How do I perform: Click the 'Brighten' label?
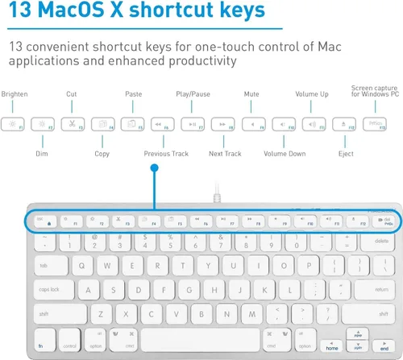tap(15, 94)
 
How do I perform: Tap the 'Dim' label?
tap(42, 153)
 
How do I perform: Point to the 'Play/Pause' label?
tap(193, 94)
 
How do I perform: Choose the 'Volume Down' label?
tap(285, 153)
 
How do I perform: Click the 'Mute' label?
tap(251, 94)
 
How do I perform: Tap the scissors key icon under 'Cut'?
tap(72, 124)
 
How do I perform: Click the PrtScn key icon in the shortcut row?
tap(374, 124)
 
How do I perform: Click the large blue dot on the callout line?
tap(155, 168)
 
